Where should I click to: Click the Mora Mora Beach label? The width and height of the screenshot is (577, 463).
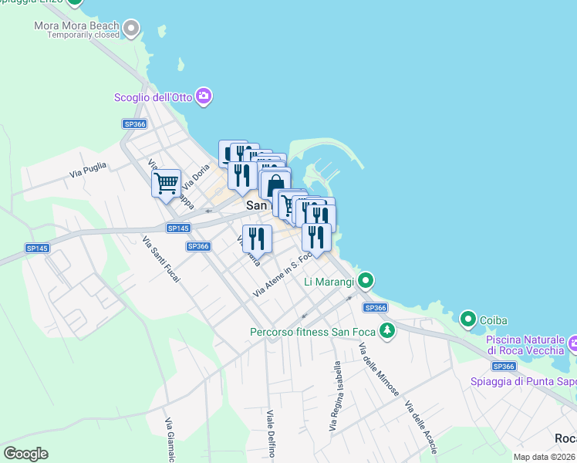(x=76, y=25)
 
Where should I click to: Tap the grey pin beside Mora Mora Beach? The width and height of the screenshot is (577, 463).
(x=132, y=29)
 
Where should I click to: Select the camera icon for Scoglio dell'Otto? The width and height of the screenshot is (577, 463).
(x=204, y=96)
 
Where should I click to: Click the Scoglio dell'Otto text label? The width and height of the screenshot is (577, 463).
(x=154, y=96)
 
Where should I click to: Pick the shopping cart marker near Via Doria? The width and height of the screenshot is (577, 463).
(x=166, y=184)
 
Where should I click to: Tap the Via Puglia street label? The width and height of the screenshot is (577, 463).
(x=86, y=170)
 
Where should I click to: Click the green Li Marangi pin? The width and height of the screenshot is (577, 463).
(x=366, y=279)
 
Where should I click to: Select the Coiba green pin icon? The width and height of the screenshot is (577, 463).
(x=467, y=318)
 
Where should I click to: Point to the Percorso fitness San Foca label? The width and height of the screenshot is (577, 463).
(x=313, y=333)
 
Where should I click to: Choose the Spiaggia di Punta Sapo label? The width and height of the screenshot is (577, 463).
(x=523, y=381)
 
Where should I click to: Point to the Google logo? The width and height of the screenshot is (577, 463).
(x=25, y=454)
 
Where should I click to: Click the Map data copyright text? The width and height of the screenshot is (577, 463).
(x=544, y=457)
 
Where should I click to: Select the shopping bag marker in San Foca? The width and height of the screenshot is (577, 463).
(x=275, y=187)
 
